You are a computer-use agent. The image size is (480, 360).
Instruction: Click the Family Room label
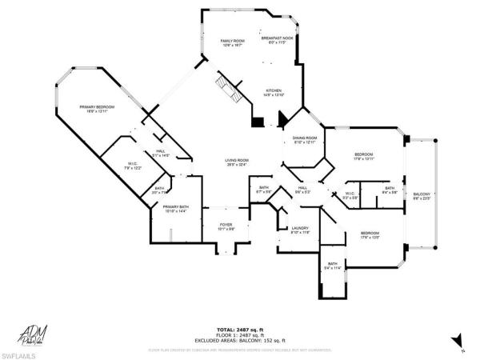click(231, 42)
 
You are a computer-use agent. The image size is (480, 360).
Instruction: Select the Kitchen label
click(274, 93)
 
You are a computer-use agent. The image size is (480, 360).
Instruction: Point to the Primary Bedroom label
click(97, 109)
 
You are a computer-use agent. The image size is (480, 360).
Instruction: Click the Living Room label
click(236, 162)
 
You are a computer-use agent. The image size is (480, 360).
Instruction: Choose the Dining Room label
click(306, 140)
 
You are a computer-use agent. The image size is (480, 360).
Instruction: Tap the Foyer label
click(226, 226)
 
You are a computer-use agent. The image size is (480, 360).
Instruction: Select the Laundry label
click(300, 230)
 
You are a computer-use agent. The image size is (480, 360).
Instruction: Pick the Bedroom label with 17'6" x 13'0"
click(369, 235)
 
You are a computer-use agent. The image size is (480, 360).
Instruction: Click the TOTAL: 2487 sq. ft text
click(240, 330)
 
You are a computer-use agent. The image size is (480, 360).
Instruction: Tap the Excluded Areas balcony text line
click(240, 341)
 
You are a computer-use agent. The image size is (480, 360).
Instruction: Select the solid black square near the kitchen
click(256, 122)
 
